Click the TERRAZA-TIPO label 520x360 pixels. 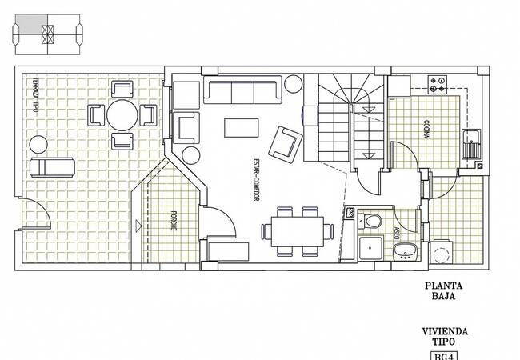(x=36, y=95)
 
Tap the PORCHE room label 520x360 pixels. (x=174, y=221)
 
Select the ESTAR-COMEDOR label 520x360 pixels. (x=256, y=179)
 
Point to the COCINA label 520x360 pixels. (x=426, y=129)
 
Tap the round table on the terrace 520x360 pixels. (x=122, y=115)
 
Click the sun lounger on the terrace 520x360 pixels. (x=52, y=167)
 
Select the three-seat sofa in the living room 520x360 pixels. (x=242, y=90)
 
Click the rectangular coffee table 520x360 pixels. (x=242, y=128)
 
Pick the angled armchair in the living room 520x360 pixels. (x=286, y=145)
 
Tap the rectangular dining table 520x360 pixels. (x=298, y=232)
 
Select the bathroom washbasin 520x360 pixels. (x=406, y=251)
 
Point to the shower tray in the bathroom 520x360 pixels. (x=371, y=248)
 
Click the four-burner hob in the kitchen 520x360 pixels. (x=438, y=85)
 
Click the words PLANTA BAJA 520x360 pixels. (x=444, y=290)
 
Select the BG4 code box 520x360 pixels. (x=444, y=356)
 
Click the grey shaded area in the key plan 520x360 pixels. (x=31, y=24)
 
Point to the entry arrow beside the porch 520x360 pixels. (x=136, y=226)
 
